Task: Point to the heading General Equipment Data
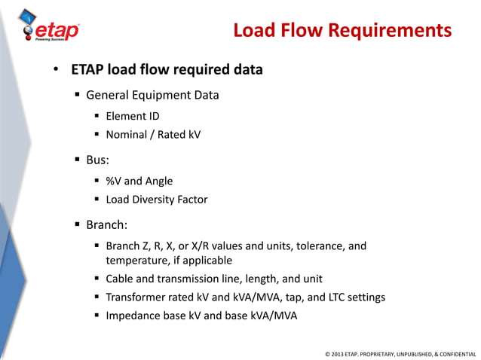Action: click(152, 96)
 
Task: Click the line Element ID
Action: click(132, 116)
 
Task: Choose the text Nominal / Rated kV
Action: click(153, 135)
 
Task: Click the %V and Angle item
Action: click(139, 181)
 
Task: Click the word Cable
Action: click(120, 279)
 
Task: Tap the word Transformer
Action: click(136, 297)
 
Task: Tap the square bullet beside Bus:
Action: click(78, 160)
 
